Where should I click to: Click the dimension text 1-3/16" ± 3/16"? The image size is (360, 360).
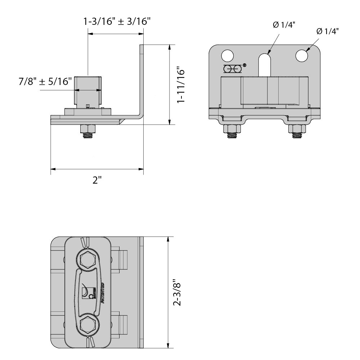coord(117,22)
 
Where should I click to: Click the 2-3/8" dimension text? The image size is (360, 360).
coord(177,293)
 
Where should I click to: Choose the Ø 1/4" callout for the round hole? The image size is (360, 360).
coord(328,31)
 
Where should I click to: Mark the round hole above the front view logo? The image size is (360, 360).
coord(227,56)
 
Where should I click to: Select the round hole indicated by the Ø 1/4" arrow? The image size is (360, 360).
coord(301,56)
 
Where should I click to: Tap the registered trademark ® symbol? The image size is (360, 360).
coord(244,66)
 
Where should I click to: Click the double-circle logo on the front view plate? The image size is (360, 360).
coord(232,68)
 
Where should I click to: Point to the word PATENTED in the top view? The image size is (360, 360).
coord(103,293)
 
